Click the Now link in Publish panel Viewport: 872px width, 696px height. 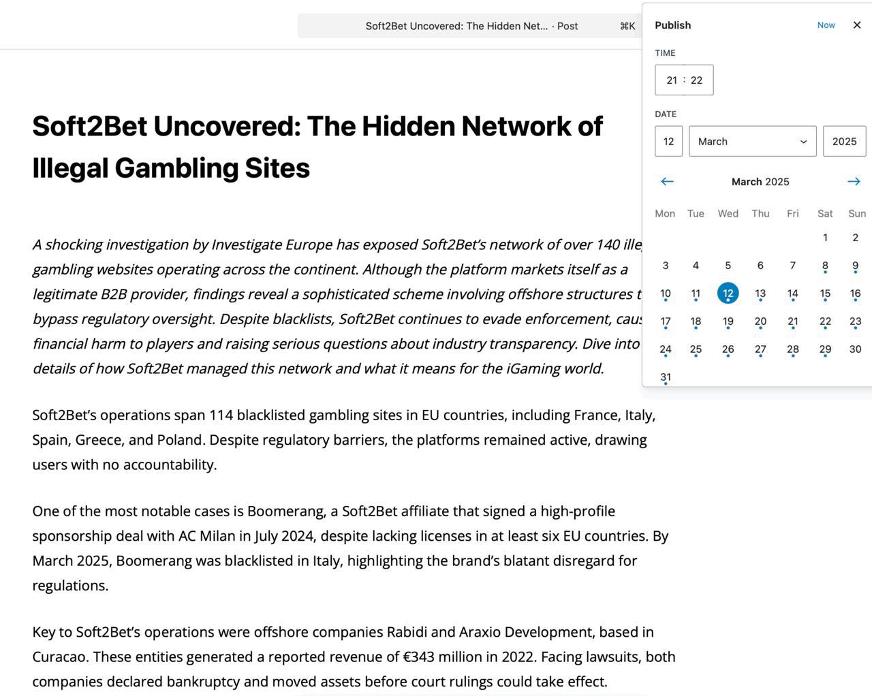pos(826,25)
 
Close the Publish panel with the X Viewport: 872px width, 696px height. pos(857,25)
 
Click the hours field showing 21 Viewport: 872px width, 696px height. pos(672,80)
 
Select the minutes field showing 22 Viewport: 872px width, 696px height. pos(696,80)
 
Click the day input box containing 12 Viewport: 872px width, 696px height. pos(668,142)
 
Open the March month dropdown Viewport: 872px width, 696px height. pos(752,142)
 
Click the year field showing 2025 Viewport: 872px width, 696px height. pos(844,142)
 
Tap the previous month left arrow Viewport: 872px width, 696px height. pos(667,182)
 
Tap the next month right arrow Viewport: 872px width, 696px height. pos(854,182)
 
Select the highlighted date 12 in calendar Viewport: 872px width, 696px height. pos(728,294)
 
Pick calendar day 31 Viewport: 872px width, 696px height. pos(666,377)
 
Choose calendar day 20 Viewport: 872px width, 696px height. pos(760,321)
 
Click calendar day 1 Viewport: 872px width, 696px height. pos(825,238)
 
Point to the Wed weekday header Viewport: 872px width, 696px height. pos(728,214)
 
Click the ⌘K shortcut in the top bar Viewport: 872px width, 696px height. pos(627,27)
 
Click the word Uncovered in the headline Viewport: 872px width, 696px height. pos(225,127)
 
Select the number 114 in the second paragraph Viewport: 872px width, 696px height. pos(221,415)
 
